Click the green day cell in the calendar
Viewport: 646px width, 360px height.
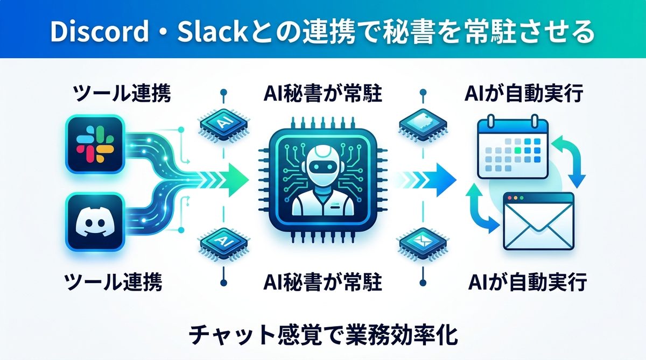[x=517, y=144]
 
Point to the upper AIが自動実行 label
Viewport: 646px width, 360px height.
[x=524, y=95]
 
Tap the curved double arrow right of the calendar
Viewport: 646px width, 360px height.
[x=570, y=159]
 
